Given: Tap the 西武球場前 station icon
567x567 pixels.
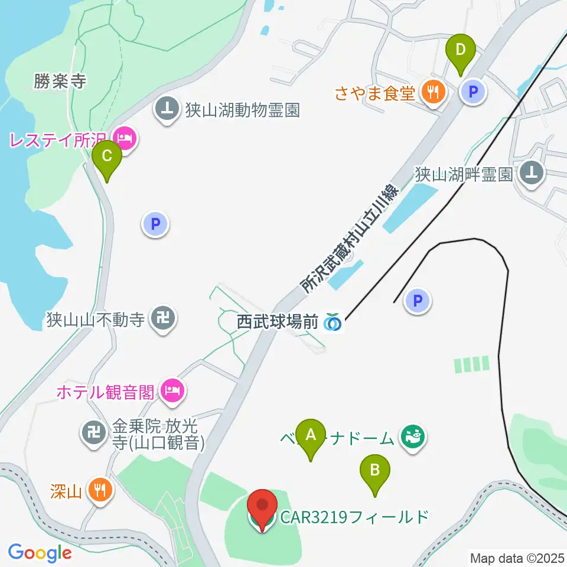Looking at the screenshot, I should point(334,322).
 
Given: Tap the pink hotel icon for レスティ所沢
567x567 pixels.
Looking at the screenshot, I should point(125,139).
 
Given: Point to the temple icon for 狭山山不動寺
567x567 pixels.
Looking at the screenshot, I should point(161,320).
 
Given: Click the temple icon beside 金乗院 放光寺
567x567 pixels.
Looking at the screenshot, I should point(93,433).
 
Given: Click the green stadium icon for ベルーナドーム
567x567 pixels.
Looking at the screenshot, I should point(412,438).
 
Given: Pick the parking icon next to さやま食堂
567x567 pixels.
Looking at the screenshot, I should point(472,92).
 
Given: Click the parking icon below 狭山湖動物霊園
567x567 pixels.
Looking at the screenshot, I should point(155,224).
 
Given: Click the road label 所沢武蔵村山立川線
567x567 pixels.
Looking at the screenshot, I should point(350,239).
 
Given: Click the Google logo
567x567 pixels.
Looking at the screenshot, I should point(40,553).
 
